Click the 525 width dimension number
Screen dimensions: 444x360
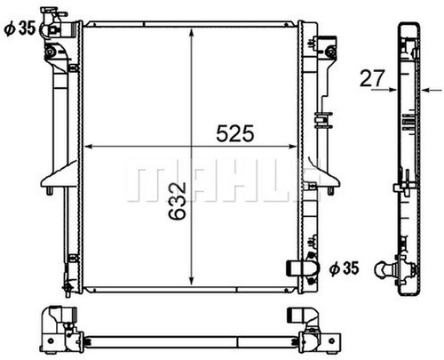click(x=235, y=133)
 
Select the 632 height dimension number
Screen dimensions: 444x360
click(x=178, y=201)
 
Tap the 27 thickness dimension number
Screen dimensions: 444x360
click(x=372, y=78)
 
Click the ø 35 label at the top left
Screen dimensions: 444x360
click(x=20, y=28)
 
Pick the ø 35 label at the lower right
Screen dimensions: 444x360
click(x=345, y=268)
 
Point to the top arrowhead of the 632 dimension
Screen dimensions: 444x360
click(x=192, y=34)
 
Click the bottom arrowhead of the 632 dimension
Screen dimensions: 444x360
click(x=192, y=279)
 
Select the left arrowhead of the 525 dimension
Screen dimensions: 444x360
click(x=90, y=147)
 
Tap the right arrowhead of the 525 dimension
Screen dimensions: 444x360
click(x=291, y=147)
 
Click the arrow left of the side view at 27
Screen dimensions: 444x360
click(x=384, y=89)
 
